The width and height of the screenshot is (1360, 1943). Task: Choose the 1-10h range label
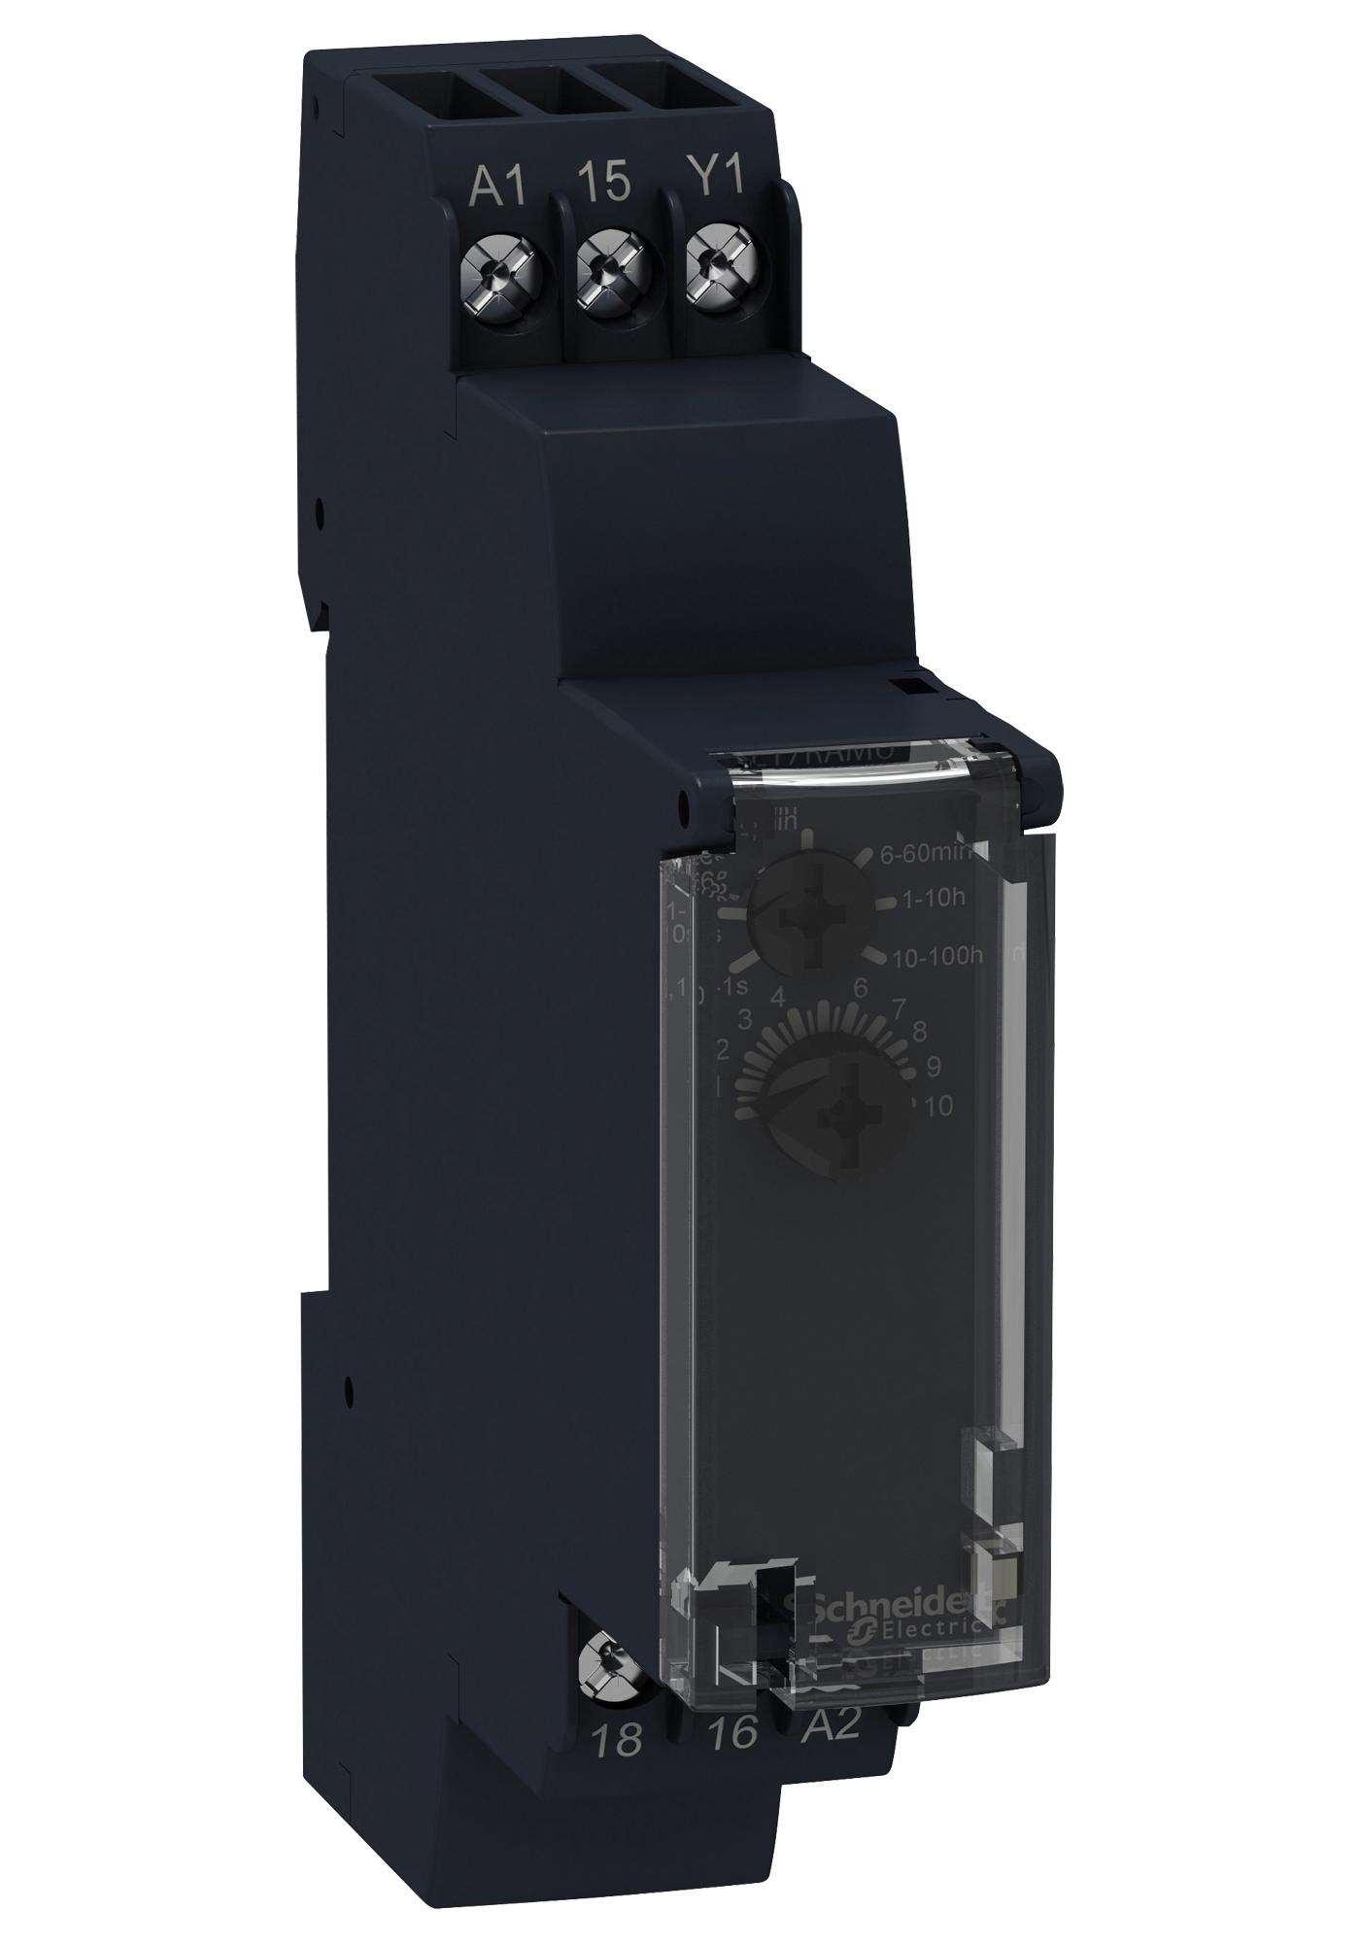(933, 901)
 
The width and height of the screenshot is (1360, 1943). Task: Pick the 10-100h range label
(936, 956)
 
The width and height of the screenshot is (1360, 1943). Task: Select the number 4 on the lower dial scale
(776, 997)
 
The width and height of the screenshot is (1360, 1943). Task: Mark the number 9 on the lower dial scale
(934, 1066)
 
